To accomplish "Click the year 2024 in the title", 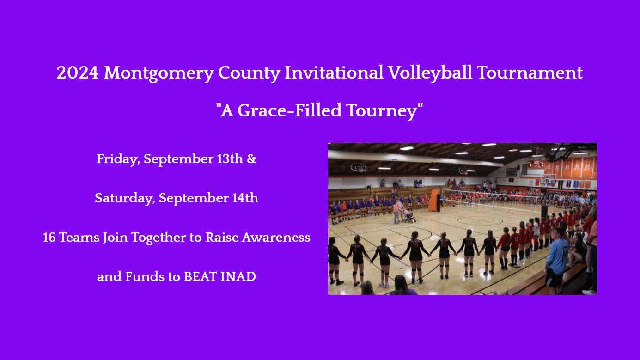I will pos(77,73).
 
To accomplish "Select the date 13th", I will pos(230,159).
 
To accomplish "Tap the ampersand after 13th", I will pos(252,159).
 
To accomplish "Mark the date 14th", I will pos(245,199).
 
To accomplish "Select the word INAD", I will pos(238,277).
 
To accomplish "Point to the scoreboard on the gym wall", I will pos(536,164).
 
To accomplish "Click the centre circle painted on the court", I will pos(481,220).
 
